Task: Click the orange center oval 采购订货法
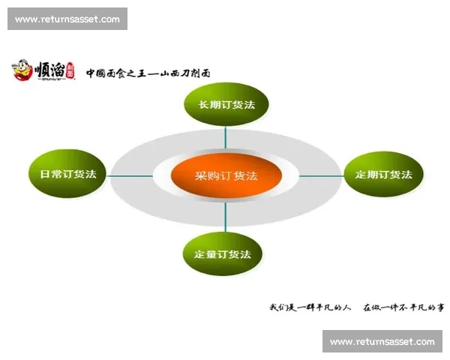coord(226,176)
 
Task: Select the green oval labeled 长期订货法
coord(226,105)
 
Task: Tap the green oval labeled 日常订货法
coord(68,175)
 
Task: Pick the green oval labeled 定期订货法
coord(383,175)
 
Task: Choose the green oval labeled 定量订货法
coord(223,253)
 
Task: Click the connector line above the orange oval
coord(226,139)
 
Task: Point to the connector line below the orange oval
coord(225,215)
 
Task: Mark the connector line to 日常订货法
coord(130,176)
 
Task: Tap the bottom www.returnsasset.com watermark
coord(381,342)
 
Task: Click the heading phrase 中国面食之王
coord(112,73)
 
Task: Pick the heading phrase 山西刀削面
coord(184,73)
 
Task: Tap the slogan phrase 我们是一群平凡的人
coord(310,307)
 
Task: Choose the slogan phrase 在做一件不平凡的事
coord(402,307)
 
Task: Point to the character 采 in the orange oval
coord(201,176)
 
